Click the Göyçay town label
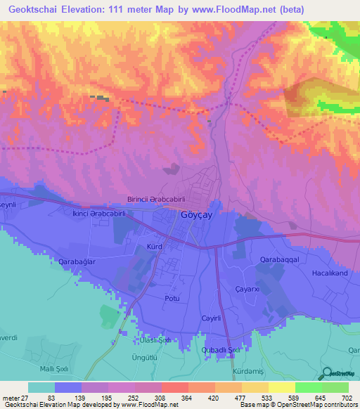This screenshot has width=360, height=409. (199, 216)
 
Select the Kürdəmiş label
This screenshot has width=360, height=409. (247, 370)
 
